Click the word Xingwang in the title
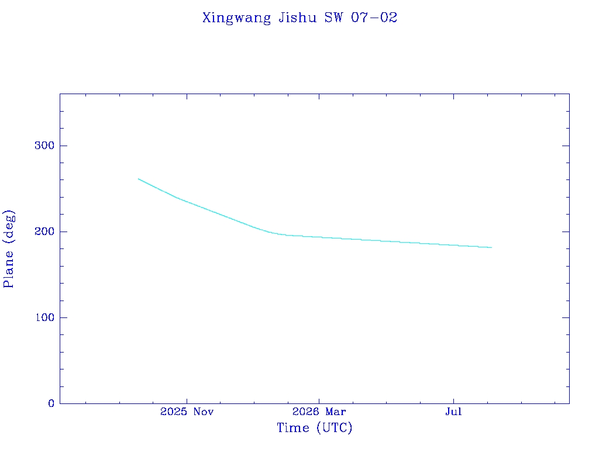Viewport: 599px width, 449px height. click(236, 18)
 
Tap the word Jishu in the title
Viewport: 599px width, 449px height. click(298, 18)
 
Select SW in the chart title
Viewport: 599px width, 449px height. click(334, 18)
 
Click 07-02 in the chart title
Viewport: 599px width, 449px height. click(374, 18)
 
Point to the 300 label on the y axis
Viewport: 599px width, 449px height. click(44, 146)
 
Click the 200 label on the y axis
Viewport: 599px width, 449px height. click(44, 232)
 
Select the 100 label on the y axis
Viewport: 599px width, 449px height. click(44, 317)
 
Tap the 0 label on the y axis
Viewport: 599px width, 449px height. click(51, 403)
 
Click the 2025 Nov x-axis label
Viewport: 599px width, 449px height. click(187, 412)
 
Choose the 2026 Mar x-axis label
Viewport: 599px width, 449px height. click(319, 412)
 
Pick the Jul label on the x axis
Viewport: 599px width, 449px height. click(453, 412)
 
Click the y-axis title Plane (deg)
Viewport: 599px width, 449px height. click(8, 249)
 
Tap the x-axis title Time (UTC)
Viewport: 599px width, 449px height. click(314, 427)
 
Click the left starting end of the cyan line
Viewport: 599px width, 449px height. click(138, 179)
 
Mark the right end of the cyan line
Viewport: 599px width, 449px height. click(491, 247)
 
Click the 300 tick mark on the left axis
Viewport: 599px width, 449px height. click(63, 146)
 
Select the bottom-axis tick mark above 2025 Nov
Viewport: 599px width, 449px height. click(187, 400)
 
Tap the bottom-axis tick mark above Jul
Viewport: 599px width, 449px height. click(453, 400)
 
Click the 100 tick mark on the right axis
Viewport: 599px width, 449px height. click(566, 317)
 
